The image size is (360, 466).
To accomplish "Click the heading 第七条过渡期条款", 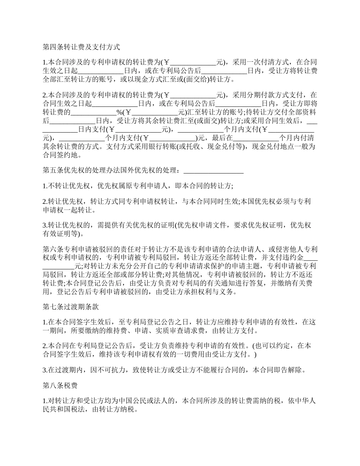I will (x=71, y=306).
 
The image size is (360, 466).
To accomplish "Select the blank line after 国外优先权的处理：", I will (x=213, y=171).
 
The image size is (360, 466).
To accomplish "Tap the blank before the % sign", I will (x=94, y=113).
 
